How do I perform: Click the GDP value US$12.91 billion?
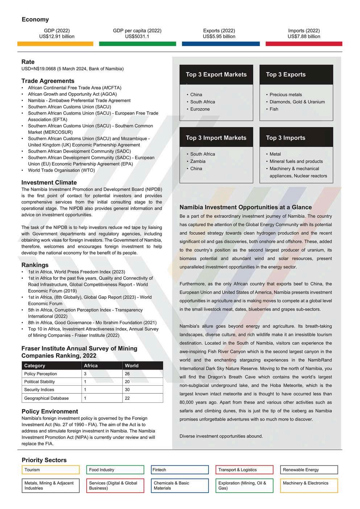tap(57, 37)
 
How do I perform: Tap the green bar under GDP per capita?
tap(137, 44)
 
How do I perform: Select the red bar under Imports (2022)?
tap(304, 44)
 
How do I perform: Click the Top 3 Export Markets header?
tap(216, 75)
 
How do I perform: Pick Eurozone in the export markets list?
tap(200, 109)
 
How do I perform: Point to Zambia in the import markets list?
tap(198, 161)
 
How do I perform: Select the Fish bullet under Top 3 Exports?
tap(274, 109)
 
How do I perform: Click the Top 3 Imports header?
tap(286, 138)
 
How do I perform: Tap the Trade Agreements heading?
tap(48, 81)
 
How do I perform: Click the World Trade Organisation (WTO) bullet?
tap(61, 170)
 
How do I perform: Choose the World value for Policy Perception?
tap(127, 374)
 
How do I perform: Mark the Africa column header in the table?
tap(91, 366)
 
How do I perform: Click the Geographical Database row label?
tap(46, 398)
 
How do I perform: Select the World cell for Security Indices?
tap(127, 390)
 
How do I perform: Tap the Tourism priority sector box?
tap(50, 470)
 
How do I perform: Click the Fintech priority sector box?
tap(180, 470)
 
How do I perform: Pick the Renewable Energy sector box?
tap(309, 470)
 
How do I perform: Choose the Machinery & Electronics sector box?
tap(309, 485)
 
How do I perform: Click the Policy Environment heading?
tap(50, 411)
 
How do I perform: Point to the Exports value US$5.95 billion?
tap(219, 37)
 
